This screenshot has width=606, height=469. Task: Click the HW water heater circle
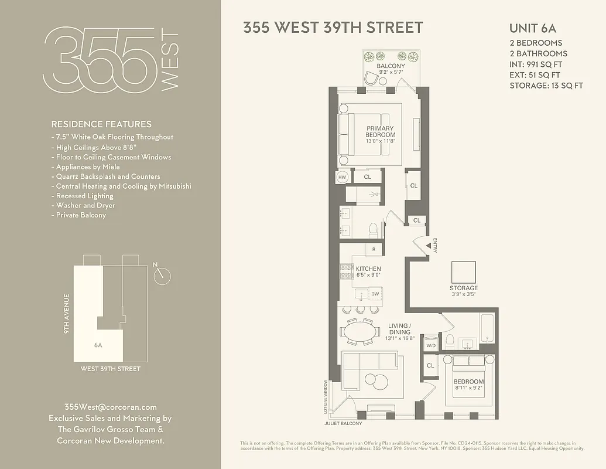tap(343, 176)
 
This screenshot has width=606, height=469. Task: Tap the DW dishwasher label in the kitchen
tap(375, 294)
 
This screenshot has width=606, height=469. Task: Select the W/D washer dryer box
tap(431, 346)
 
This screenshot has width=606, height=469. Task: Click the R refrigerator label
tap(374, 250)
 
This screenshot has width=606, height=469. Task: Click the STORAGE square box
tap(463, 271)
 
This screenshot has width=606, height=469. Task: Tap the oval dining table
tap(360, 332)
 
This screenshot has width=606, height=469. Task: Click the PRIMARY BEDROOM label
tap(380, 132)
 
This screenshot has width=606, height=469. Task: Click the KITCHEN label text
tap(368, 269)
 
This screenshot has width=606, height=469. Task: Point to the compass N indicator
tap(163, 276)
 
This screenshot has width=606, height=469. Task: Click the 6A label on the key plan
tap(98, 345)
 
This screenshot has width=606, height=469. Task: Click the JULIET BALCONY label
tap(343, 423)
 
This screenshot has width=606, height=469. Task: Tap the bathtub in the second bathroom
tap(487, 328)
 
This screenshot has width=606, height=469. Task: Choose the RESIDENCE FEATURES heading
tap(101, 124)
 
